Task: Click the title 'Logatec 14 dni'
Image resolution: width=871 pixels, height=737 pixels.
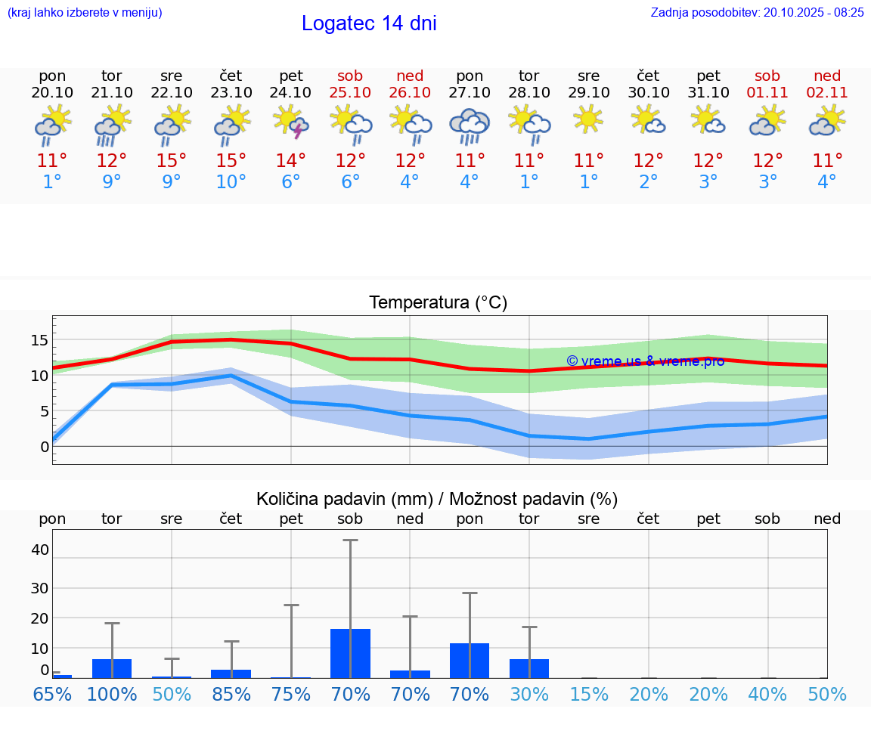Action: coord(369,23)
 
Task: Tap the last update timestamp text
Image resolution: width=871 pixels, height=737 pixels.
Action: coord(757,12)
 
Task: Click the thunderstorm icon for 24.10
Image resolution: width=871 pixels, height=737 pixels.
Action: coord(291,122)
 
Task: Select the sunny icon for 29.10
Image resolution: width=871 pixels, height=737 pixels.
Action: coord(588,119)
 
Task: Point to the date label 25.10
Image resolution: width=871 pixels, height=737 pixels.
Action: coord(350,92)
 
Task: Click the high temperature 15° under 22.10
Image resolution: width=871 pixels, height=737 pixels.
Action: coord(172,160)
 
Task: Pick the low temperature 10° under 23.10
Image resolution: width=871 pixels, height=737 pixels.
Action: coord(231,182)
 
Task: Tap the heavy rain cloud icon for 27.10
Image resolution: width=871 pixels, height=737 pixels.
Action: coord(470,125)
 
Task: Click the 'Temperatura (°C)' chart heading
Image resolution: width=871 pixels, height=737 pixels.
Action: coord(438,303)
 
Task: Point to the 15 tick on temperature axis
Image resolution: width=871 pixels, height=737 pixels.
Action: coord(39,340)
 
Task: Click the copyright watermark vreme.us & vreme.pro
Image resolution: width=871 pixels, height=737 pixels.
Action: coord(645,361)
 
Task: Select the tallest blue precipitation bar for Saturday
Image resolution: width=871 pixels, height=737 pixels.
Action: coord(350,653)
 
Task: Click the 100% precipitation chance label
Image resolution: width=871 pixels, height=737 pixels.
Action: coord(112,694)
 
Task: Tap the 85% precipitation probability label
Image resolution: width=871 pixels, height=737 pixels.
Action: coord(231,694)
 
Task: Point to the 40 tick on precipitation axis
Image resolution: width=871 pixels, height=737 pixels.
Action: coord(39,550)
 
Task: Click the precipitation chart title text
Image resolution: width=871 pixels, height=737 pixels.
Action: coord(437,499)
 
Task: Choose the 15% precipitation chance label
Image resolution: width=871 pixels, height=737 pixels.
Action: coord(588,694)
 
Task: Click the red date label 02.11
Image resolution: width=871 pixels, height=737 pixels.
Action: coord(827,92)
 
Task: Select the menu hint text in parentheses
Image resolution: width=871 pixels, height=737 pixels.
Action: coord(84,12)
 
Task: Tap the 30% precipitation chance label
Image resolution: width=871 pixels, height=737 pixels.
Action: coord(529,694)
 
